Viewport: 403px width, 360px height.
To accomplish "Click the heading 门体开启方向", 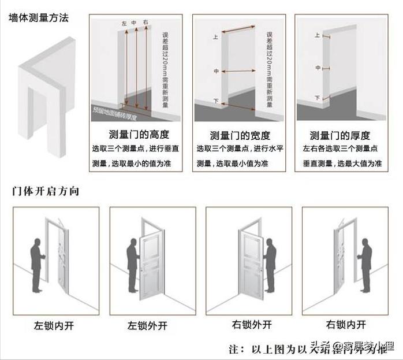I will point(45,191).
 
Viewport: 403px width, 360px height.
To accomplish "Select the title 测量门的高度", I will point(139,135).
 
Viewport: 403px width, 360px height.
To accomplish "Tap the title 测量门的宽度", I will point(240,135).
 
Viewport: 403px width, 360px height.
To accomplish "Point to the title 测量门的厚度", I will point(339,135).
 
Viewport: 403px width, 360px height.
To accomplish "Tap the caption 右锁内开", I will point(346,325).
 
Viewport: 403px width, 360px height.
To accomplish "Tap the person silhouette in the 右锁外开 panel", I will point(270,263).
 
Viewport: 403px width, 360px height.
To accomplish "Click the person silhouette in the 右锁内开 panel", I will point(365,263).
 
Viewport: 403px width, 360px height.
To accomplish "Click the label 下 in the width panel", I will point(215,101).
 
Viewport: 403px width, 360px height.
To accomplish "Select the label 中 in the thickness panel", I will point(318,68).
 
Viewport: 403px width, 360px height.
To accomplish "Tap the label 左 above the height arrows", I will point(124,23).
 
